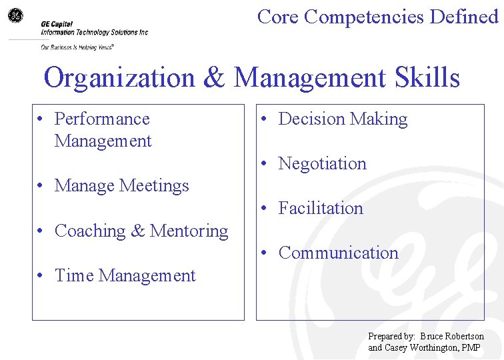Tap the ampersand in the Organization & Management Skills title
coord(213,78)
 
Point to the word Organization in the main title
coord(119,78)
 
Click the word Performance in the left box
coord(102,119)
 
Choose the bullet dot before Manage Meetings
coord(41,186)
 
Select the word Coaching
coord(91,231)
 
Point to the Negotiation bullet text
coord(322,163)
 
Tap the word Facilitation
coord(321,208)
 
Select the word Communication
coord(338,253)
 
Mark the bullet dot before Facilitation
coord(265,209)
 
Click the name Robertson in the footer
coord(461,337)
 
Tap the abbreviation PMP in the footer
coord(471,347)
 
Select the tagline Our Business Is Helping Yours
coord(77,47)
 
